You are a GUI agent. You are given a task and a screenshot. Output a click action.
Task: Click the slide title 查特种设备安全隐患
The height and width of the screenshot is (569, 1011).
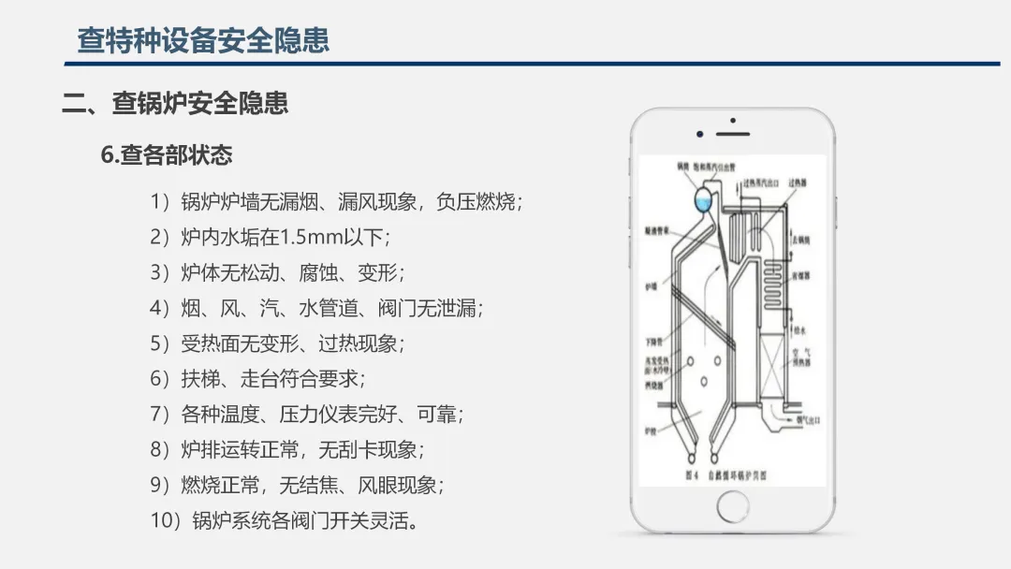click(203, 41)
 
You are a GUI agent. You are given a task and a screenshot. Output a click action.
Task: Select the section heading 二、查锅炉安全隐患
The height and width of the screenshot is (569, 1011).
click(175, 103)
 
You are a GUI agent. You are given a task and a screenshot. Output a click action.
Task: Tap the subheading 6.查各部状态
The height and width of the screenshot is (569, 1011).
click(167, 154)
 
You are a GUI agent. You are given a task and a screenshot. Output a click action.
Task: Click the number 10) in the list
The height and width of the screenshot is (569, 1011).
click(166, 520)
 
